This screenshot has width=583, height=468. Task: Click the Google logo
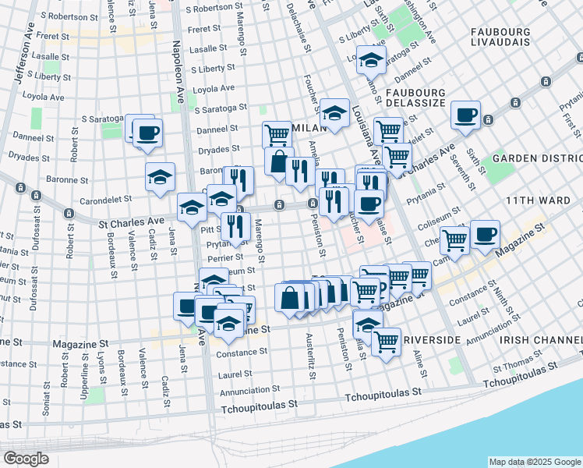pyautogui.click(x=26, y=459)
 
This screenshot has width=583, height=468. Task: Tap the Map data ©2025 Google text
pyautogui.click(x=534, y=462)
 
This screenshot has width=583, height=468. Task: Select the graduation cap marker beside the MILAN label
pyautogui.click(x=334, y=112)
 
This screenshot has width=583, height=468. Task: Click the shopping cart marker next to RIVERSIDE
pyautogui.click(x=386, y=342)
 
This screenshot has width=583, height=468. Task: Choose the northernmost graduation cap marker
pyautogui.click(x=371, y=58)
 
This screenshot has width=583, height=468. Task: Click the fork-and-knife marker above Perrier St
pyautogui.click(x=235, y=225)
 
